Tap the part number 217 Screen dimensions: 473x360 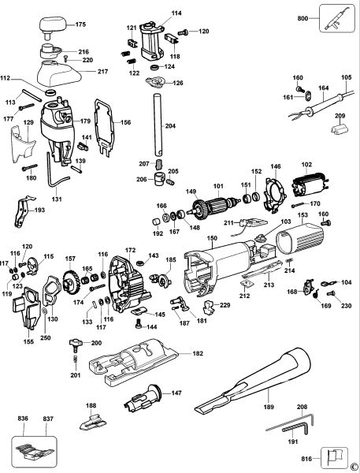coord(102,72)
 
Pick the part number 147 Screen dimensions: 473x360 coord(177,392)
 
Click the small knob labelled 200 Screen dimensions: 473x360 coord(76,343)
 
